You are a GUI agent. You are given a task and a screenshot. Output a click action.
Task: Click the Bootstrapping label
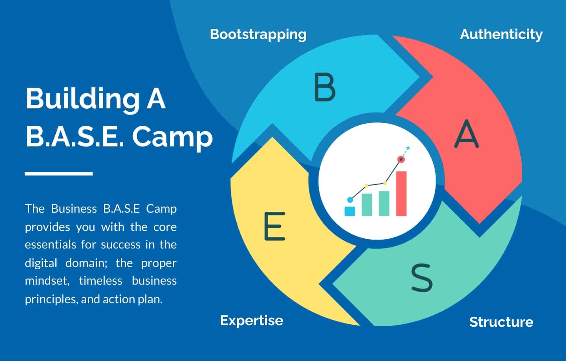point(258,35)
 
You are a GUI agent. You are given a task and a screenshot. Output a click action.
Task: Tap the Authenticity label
point(501,35)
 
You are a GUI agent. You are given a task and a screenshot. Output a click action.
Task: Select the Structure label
point(501,322)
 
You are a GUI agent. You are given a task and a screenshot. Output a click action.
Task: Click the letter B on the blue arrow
point(325,87)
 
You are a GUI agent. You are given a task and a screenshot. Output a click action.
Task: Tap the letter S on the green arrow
point(422,277)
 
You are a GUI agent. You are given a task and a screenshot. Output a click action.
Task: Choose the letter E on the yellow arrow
point(275,226)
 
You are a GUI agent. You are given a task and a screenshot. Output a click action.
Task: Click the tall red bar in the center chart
point(401,194)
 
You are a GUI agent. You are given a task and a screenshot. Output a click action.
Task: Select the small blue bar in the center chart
point(350,211)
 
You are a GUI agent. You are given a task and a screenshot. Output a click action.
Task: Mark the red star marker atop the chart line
point(401,160)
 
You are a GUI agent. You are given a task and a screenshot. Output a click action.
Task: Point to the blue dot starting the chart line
point(350,200)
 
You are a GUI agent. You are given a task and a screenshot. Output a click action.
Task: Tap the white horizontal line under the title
point(59,173)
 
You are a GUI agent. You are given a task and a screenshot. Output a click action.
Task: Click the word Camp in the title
point(172,137)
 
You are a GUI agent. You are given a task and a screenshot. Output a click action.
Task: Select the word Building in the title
point(82,99)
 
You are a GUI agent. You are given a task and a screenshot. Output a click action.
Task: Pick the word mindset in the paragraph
point(47,281)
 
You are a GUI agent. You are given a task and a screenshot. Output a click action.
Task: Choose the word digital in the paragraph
point(41,263)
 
